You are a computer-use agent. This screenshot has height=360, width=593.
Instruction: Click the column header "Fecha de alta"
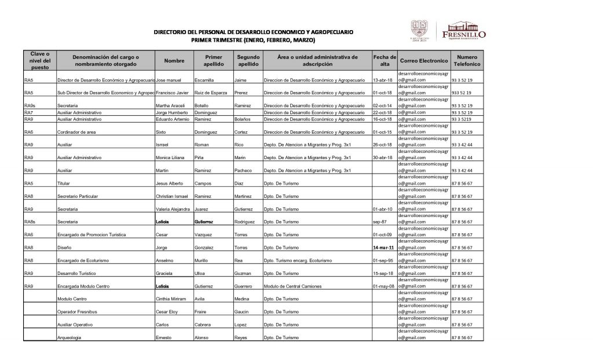(x=385, y=61)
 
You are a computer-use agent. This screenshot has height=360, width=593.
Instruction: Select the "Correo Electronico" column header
(x=424, y=61)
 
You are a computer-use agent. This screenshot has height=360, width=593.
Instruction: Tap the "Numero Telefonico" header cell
(x=467, y=61)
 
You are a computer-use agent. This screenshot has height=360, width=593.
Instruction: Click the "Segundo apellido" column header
(x=248, y=61)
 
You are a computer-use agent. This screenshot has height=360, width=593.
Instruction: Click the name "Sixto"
(x=162, y=132)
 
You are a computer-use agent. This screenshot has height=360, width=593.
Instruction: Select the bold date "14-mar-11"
(x=384, y=248)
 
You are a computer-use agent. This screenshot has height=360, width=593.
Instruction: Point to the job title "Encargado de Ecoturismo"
(x=83, y=260)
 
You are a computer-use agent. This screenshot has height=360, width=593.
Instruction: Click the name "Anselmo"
(x=166, y=260)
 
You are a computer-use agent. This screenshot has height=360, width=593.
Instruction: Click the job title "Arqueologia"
(x=69, y=337)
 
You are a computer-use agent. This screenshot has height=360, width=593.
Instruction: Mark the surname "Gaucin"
(x=242, y=311)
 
